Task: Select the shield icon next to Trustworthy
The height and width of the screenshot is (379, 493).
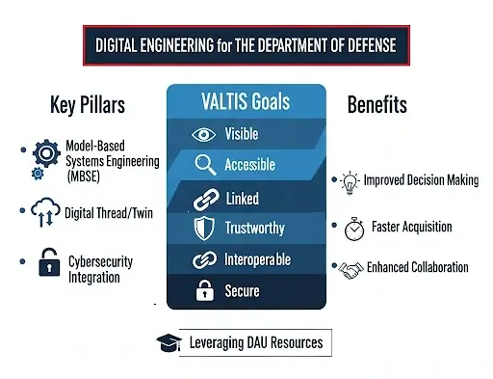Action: point(201,228)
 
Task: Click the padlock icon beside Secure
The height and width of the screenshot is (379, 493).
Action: point(202,289)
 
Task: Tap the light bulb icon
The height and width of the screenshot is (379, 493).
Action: point(349,180)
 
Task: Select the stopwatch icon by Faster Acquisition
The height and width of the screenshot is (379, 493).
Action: point(351,228)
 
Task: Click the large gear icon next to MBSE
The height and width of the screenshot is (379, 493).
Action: point(46,153)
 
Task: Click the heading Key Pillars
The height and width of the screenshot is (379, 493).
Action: point(87,104)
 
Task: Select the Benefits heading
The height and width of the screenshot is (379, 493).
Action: point(377,104)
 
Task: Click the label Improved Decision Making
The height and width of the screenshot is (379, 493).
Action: point(420,180)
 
